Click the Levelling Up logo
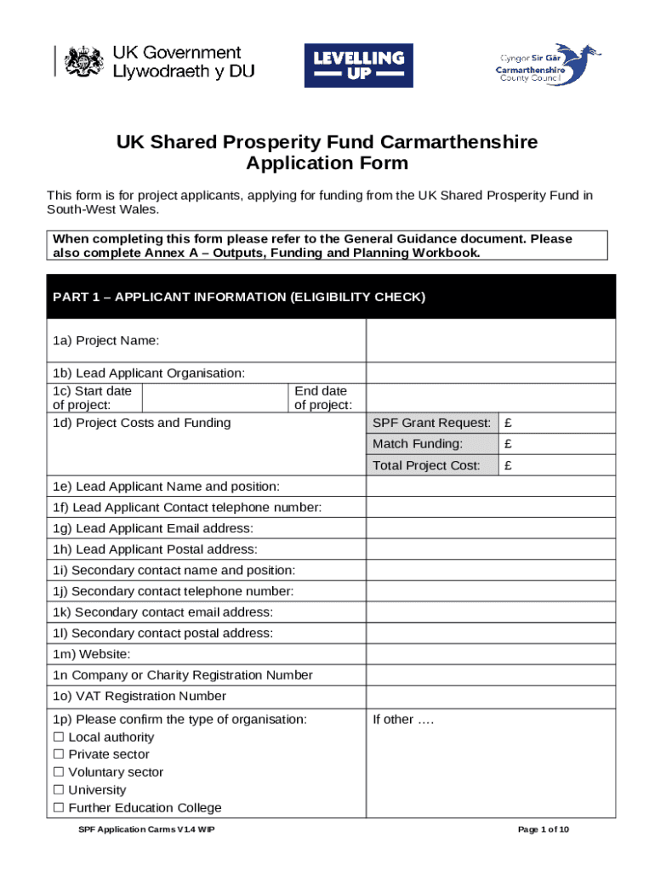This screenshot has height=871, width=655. (x=358, y=65)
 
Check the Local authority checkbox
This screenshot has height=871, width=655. (x=59, y=737)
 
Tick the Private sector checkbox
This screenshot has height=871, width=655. (x=59, y=754)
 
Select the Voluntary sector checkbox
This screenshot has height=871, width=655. (x=59, y=772)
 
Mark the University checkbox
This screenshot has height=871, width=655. (x=59, y=790)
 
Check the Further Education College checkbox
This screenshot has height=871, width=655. (x=59, y=808)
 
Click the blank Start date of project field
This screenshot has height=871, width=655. (x=215, y=398)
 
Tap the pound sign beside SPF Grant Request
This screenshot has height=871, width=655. (x=508, y=423)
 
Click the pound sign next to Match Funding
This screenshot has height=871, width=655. (x=508, y=444)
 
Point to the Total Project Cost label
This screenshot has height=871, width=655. (x=426, y=465)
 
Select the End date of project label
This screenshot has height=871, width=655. (x=323, y=398)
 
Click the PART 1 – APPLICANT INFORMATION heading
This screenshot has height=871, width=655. (x=239, y=297)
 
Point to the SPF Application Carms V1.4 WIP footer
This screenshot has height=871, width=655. (x=140, y=830)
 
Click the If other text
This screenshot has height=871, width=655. (x=403, y=720)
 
